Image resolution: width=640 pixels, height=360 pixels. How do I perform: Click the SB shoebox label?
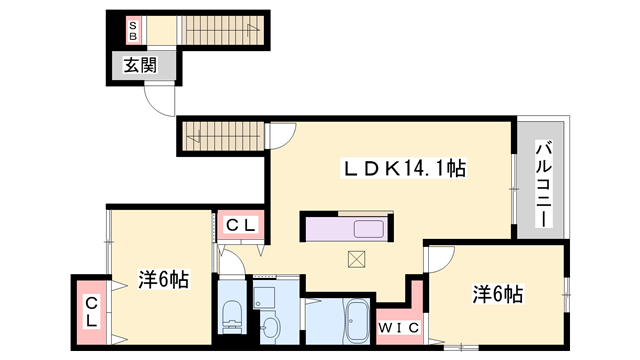[133, 30]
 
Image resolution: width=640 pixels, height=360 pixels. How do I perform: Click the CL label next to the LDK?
[240, 226]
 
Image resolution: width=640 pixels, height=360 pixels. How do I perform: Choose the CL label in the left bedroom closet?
[90, 312]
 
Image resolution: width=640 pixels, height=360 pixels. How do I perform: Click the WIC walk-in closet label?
[398, 327]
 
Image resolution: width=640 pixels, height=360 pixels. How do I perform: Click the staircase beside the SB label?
[219, 30]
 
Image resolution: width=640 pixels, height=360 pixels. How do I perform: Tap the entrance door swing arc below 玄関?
[160, 100]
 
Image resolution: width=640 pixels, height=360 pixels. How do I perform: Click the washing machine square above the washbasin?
[264, 296]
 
